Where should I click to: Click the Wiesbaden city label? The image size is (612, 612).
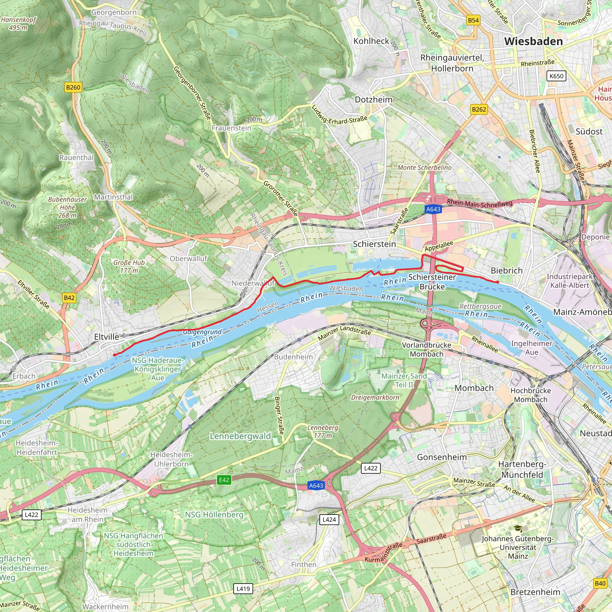533,41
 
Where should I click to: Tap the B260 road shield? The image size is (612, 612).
73,88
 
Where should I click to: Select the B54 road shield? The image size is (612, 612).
473,20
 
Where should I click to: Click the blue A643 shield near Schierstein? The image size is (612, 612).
433,209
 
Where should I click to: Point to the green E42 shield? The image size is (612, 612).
224,480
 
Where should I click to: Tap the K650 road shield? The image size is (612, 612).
556,76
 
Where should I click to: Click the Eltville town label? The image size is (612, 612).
107,337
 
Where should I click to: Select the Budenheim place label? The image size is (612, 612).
293,357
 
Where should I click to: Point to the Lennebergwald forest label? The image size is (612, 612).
241,436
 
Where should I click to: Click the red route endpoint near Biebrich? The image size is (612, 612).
498,282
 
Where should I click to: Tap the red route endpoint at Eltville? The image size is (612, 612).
115,355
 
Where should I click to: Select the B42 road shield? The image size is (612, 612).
69,298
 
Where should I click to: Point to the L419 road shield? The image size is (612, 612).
243,589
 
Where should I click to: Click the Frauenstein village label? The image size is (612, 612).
231,128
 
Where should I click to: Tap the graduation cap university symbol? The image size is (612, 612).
518,529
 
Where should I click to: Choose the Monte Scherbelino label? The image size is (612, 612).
424,168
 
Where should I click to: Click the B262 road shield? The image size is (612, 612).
479,110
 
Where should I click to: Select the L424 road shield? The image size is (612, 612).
329,519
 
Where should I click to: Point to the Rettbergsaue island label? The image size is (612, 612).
480,306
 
